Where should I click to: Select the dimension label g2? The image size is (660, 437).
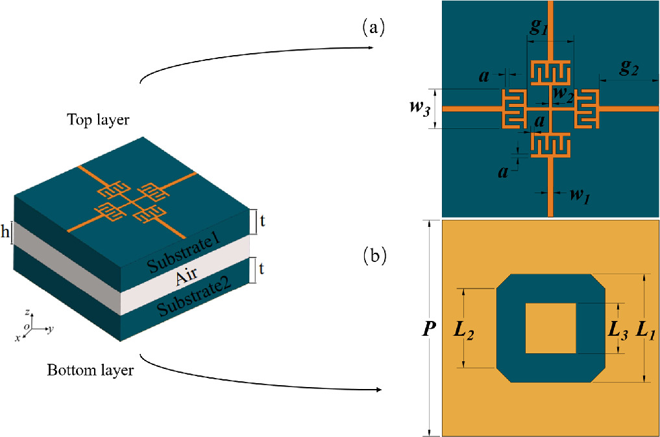coord(628,69)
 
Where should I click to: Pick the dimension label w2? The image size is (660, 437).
coord(562,95)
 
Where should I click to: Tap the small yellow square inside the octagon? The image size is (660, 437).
coord(550,328)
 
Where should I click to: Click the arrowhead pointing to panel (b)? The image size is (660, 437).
coord(377,390)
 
